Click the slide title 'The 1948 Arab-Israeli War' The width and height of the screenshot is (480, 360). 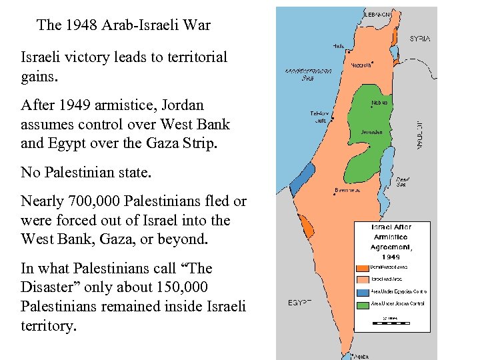pyautogui.click(x=124, y=26)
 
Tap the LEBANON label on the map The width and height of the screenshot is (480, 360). pyautogui.click(x=382, y=14)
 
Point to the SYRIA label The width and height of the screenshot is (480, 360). pyautogui.click(x=419, y=39)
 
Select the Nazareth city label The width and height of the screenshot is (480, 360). pyautogui.click(x=361, y=65)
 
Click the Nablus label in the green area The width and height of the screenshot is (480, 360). pyautogui.click(x=379, y=103)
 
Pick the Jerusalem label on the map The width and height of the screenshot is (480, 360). pyautogui.click(x=371, y=132)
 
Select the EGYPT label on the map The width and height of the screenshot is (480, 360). pyautogui.click(x=300, y=303)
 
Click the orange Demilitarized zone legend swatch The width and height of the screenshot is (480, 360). pyautogui.click(x=363, y=267)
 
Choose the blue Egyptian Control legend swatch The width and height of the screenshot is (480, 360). pyautogui.click(x=363, y=292)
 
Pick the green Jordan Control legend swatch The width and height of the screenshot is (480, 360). pyautogui.click(x=363, y=305)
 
